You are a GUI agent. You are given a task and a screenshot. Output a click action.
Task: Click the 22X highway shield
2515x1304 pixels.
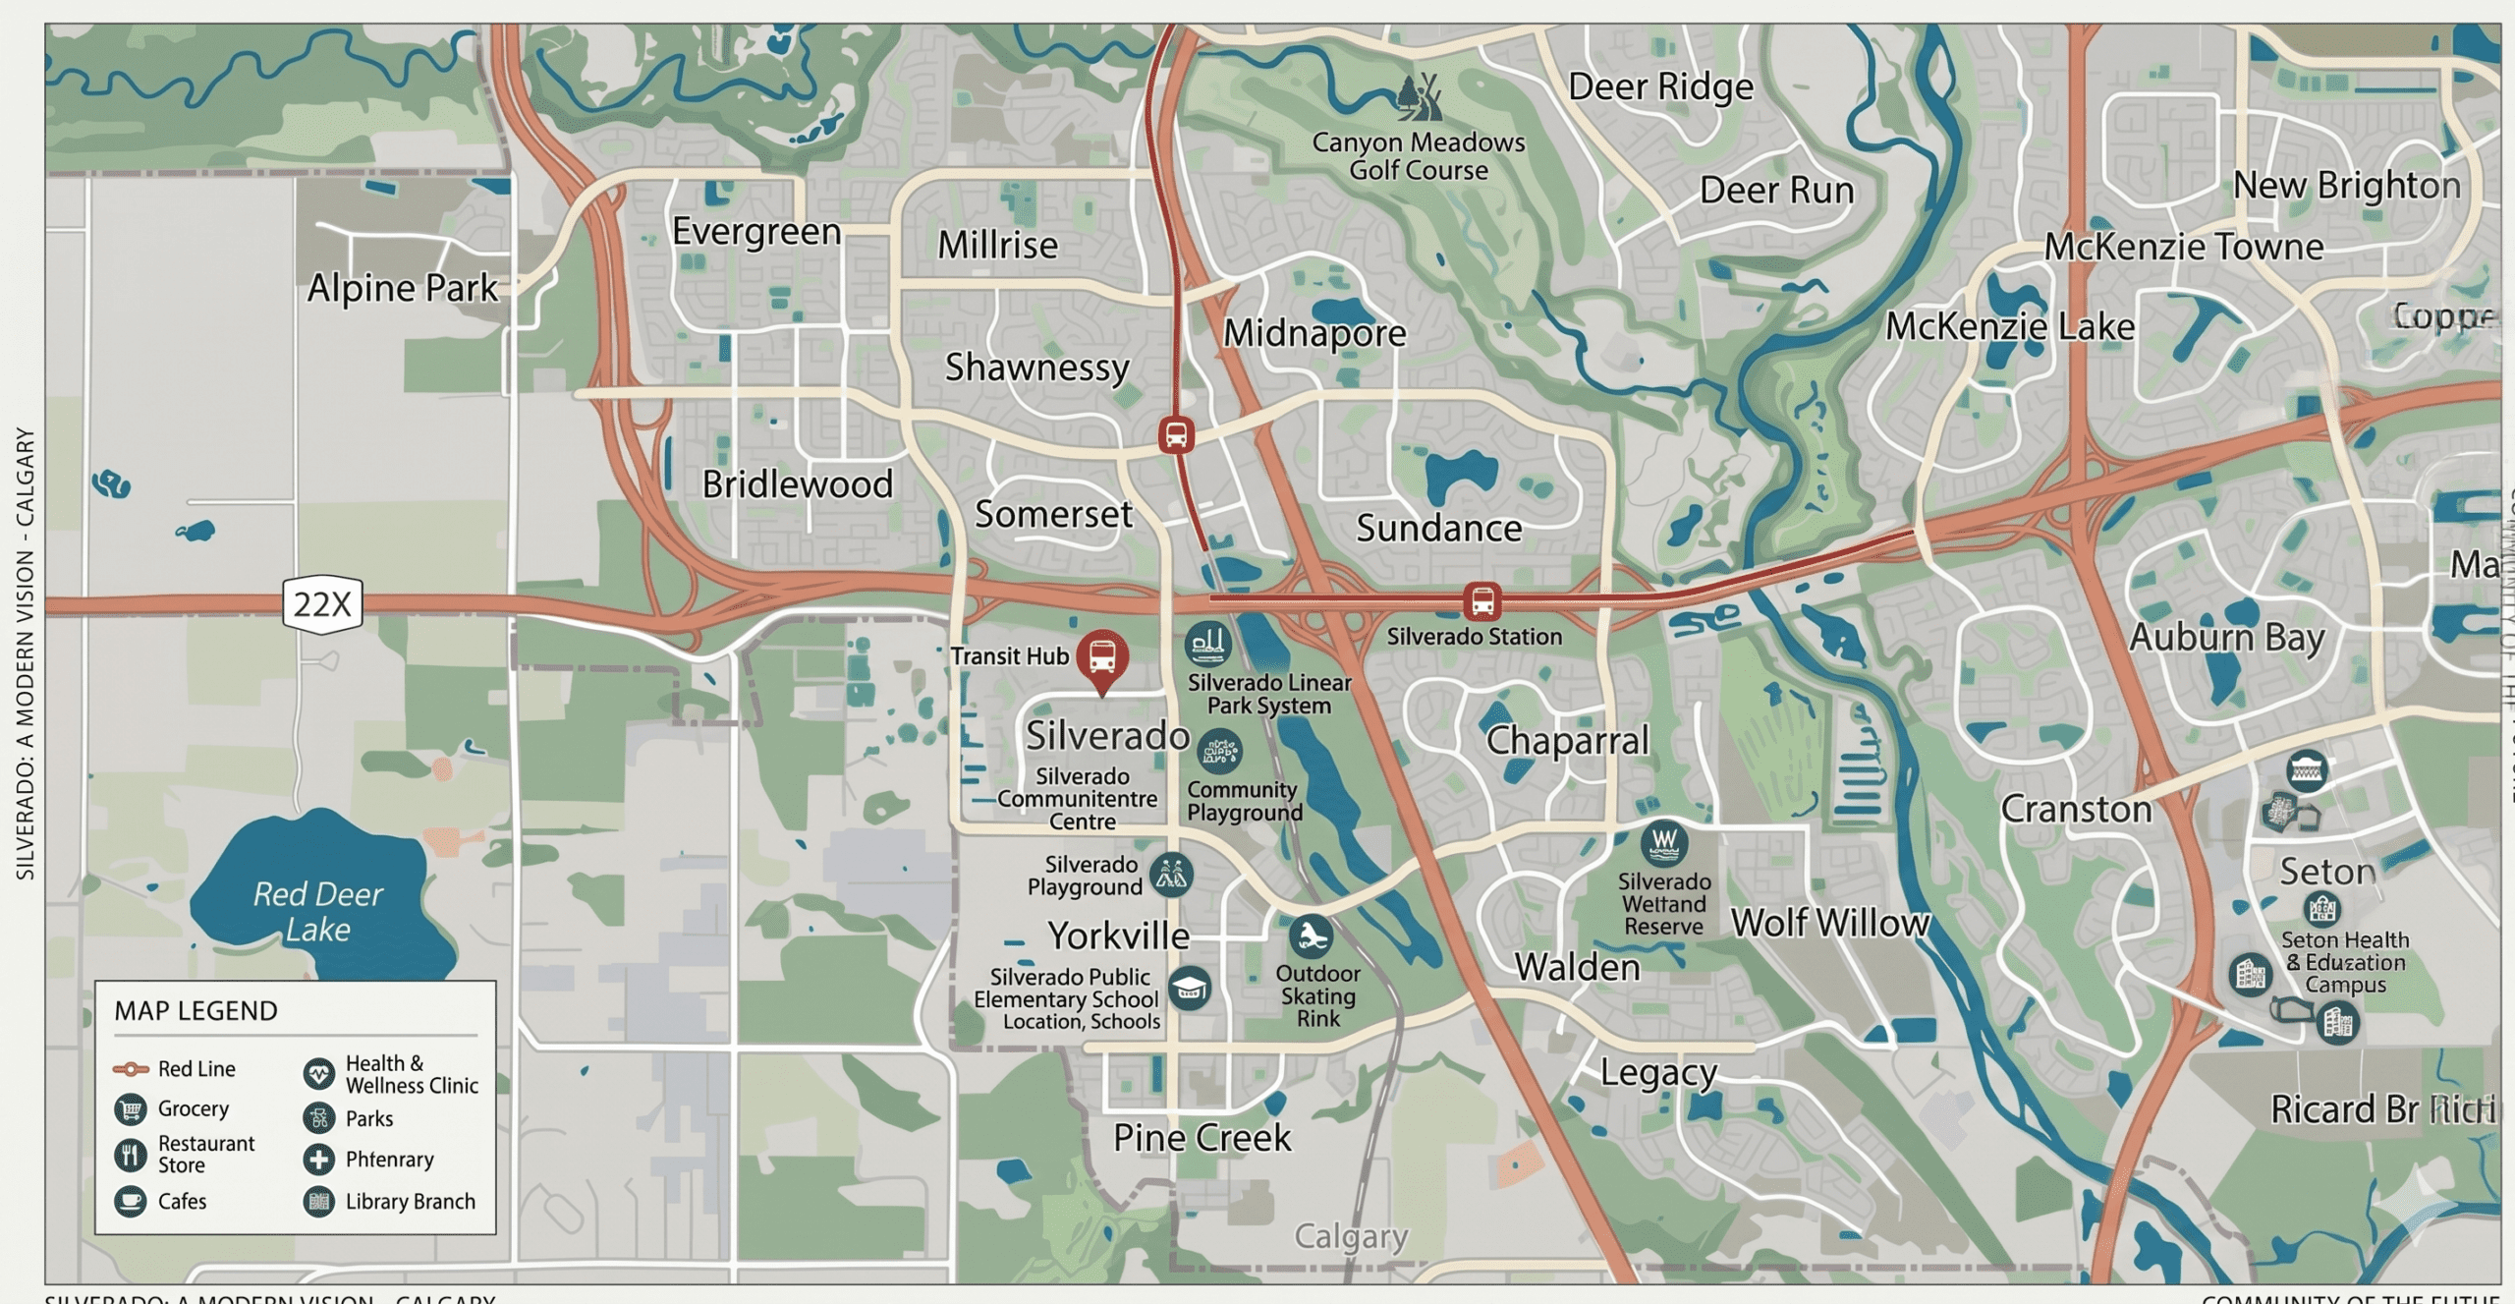[322, 603]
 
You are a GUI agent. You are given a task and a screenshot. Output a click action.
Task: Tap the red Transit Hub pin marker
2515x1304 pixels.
[1102, 656]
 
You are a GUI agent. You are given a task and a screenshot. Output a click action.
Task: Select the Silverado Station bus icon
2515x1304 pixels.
[1481, 599]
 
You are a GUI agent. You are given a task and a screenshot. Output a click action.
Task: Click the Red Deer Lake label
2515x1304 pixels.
[317, 911]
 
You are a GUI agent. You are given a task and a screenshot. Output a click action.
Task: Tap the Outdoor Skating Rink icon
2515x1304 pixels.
[1312, 936]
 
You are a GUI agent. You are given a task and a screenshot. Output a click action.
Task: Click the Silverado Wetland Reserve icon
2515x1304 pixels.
[1664, 842]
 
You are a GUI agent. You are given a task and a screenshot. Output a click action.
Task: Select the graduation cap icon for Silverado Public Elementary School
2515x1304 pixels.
[1189, 988]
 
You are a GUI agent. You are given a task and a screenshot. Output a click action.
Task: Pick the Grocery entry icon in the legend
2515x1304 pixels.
[131, 1108]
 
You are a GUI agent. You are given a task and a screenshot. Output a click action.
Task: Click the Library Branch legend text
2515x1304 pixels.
[410, 1201]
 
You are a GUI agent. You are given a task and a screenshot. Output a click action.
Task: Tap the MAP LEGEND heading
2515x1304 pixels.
[196, 1010]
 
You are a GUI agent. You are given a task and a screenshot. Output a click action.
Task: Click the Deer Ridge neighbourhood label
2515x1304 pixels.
[1660, 86]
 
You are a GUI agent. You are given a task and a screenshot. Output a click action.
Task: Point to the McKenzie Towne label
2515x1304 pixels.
[2184, 246]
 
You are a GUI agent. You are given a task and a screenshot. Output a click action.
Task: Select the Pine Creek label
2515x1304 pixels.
[1202, 1137]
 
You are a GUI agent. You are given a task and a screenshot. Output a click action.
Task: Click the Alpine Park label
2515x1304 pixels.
[403, 288]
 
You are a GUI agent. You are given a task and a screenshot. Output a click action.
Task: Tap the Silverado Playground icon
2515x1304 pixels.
[1172, 874]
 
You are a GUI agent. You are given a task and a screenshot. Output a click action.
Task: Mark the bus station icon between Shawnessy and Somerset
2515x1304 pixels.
[1176, 434]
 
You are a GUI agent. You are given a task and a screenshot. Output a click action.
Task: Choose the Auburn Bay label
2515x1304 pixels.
[2227, 637]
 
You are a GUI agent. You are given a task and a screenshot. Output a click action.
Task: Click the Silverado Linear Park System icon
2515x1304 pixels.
[1207, 644]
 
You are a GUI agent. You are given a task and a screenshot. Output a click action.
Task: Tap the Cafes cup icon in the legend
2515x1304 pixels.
[131, 1201]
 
